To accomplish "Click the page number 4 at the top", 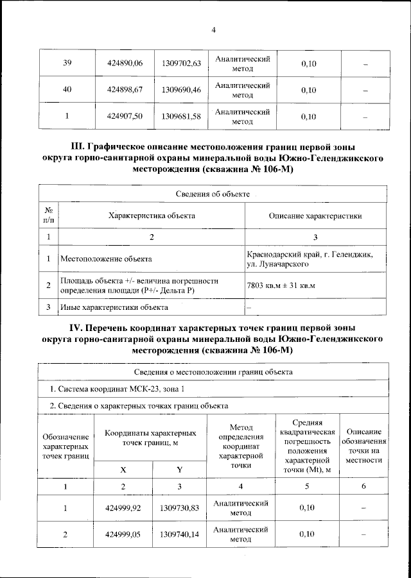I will point(213,30).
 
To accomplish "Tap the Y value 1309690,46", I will point(182,90).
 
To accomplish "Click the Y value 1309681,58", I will point(182,116).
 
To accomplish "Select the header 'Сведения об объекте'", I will point(213,194).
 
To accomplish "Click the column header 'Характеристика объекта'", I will point(152,216).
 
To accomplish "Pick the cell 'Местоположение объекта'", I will point(106,260).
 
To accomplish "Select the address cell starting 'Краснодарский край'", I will point(315,259).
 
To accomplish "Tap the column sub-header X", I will point(123,469).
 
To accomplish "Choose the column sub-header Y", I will point(180,469).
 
